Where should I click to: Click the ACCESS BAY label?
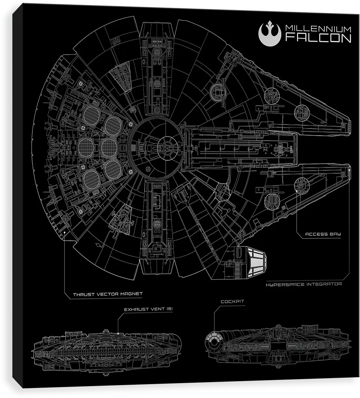323,234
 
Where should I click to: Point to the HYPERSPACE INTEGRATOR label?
304,284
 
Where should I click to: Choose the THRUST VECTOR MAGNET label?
108,294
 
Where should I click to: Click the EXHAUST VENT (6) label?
148,309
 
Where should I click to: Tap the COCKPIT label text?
232,302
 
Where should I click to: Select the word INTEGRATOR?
324,284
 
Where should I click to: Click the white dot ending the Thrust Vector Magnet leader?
65,232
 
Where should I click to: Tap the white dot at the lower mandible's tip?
349,170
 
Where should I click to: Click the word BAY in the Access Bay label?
335,234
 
